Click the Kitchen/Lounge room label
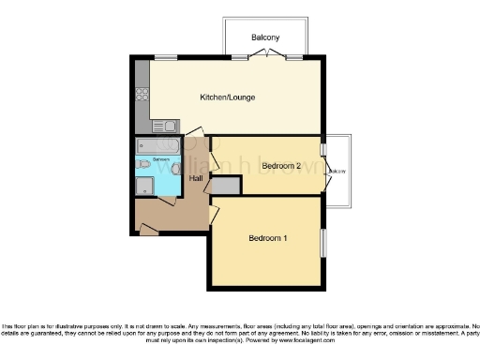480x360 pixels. coord(227,97)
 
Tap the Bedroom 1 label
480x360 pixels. coord(267,238)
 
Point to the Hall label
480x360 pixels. coord(196,177)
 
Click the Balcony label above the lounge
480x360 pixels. coord(265,37)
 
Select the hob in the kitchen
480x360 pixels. coord(143,93)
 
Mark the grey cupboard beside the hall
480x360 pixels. coord(226,185)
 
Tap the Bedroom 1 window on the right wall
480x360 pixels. coord(324,242)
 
